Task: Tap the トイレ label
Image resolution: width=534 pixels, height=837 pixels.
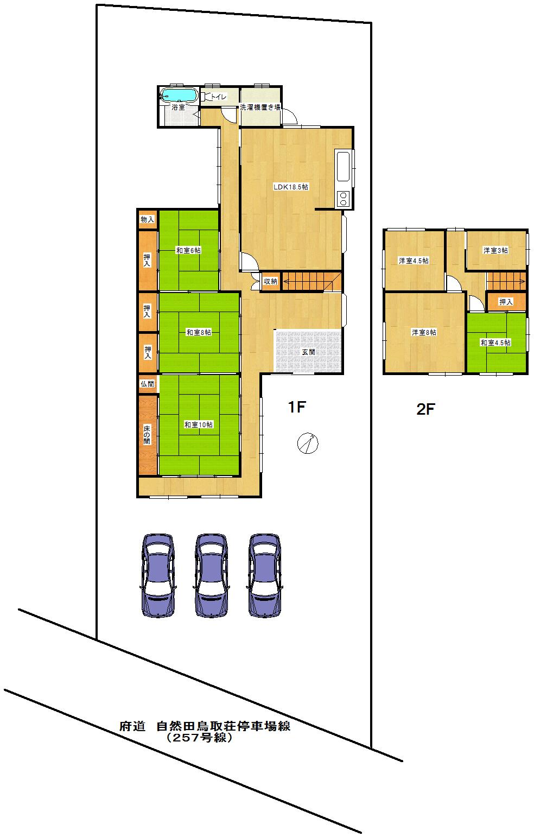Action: coord(219,97)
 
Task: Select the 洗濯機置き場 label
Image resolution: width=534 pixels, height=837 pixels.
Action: coord(260,107)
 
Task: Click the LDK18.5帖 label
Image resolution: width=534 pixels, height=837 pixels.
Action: coord(291,187)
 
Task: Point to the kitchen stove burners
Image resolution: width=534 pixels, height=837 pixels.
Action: coord(344,199)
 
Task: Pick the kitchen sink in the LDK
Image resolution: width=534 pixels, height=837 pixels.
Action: coord(344,167)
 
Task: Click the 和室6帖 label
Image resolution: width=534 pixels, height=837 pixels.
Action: coord(188,250)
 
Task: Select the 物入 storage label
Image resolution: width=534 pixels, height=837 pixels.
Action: coord(147,220)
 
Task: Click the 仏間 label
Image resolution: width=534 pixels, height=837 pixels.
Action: coord(147,384)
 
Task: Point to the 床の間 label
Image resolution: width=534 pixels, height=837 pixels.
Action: coord(147,435)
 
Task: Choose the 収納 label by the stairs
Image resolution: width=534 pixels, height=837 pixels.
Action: coord(270,281)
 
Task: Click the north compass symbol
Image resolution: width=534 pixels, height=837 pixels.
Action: coord(307,443)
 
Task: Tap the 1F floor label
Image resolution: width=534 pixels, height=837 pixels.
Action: coord(298,407)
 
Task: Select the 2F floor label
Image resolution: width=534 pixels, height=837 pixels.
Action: coord(426,409)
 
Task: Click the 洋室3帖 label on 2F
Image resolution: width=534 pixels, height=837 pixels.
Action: coord(495,250)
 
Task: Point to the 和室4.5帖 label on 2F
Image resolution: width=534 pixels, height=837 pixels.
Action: coord(495,343)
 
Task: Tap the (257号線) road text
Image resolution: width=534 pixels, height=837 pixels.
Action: coord(200,738)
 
